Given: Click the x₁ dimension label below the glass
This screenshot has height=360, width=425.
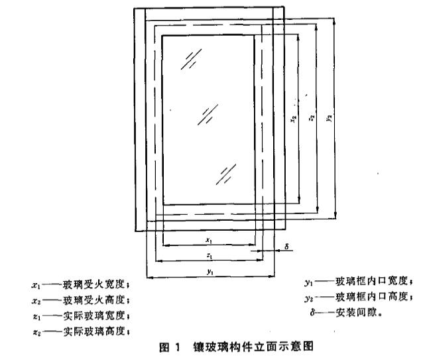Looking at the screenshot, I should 209,240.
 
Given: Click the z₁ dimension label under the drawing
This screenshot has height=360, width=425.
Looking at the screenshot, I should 209,255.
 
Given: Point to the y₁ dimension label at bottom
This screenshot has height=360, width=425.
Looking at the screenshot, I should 210,272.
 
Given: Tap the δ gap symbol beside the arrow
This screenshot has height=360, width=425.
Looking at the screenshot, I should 285,246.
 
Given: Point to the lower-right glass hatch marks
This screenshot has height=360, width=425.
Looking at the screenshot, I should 226,174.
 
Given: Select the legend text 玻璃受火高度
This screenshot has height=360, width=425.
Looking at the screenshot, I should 97,300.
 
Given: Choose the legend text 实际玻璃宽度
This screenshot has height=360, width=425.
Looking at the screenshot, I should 97,315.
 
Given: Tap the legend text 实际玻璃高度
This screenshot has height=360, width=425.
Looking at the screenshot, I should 97,330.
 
